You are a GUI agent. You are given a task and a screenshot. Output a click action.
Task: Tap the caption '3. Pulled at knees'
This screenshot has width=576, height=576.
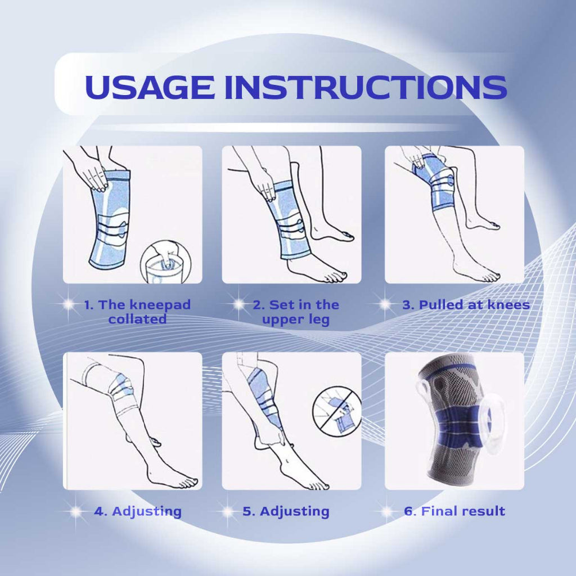466,305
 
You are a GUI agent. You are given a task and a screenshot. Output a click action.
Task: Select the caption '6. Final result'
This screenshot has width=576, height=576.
454,511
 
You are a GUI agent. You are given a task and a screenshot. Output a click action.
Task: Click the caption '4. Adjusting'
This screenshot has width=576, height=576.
138,512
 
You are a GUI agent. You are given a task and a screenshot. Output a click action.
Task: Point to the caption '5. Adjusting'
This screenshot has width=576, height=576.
286,512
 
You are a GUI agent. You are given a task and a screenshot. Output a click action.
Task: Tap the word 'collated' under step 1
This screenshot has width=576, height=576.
137,319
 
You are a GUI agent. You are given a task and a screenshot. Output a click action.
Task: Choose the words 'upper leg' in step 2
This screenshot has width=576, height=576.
296,319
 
